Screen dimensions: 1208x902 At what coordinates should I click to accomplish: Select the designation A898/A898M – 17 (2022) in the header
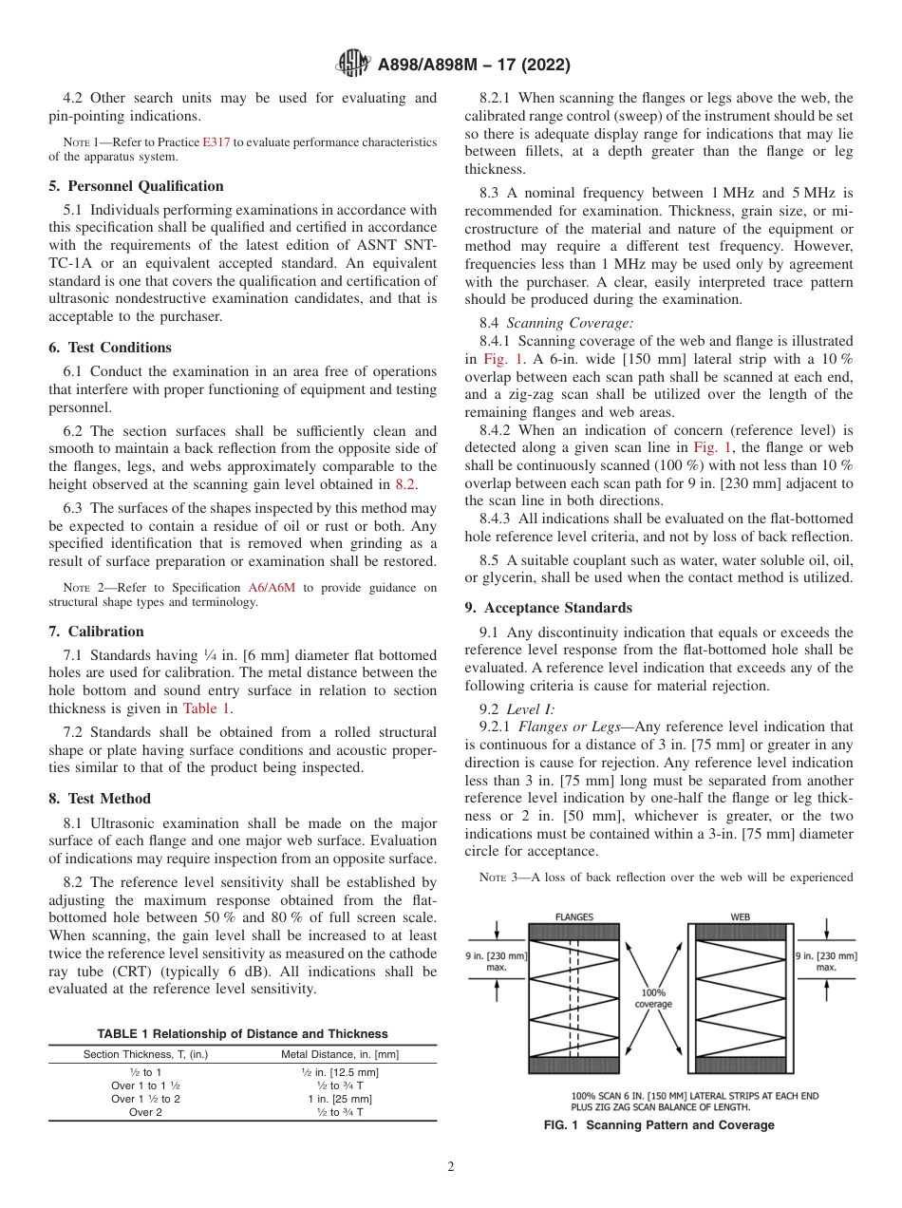tap(474, 66)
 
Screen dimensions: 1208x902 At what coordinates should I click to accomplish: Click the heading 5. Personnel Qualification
tap(137, 186)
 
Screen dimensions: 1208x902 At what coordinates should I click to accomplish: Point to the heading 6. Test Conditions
tap(110, 348)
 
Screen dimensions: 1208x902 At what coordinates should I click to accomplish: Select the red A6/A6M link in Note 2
tap(272, 588)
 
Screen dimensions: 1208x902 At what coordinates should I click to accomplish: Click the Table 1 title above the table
tap(242, 1033)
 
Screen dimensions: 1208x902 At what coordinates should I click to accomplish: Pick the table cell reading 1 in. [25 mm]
tap(339, 1099)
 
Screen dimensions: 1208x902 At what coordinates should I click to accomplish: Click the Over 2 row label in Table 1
tap(145, 1112)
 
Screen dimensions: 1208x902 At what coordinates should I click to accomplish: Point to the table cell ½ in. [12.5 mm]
tap(339, 1072)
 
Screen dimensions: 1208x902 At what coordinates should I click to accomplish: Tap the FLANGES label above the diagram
tap(573, 916)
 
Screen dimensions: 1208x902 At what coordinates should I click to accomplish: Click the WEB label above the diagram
tap(740, 916)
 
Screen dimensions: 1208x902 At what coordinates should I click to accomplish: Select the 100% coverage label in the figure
tap(653, 999)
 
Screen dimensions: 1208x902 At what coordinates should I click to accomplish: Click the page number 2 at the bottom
tap(451, 1167)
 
